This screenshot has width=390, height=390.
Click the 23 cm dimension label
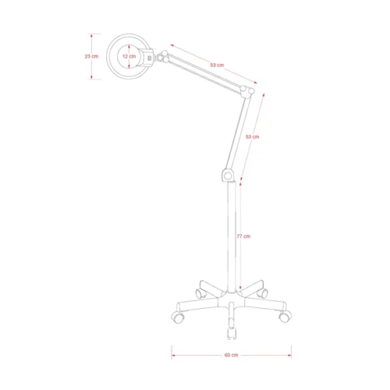[91, 56]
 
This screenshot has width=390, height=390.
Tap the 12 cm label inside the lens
[129, 56]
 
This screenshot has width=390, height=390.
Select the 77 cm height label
[243, 236]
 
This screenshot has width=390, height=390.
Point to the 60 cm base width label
[232, 355]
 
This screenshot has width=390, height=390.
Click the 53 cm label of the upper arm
[217, 65]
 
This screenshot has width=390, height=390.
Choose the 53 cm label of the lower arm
[253, 136]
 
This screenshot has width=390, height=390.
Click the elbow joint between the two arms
[247, 91]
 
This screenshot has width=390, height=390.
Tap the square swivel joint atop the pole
[229, 175]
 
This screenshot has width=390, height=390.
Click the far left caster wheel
[178, 317]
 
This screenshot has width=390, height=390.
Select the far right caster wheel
[285, 317]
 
